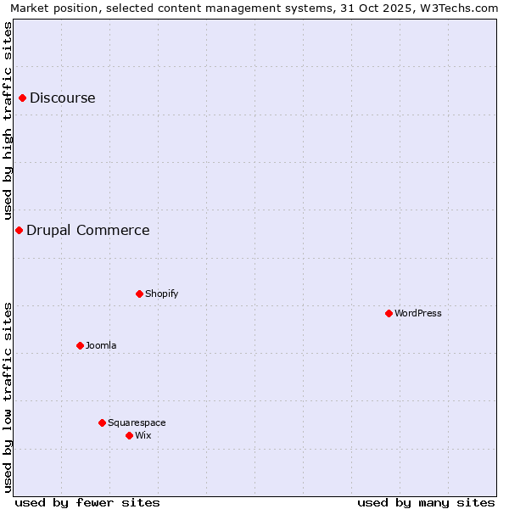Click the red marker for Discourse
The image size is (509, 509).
point(22,98)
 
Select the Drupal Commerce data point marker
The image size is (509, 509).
point(19,231)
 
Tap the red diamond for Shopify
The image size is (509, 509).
point(139,294)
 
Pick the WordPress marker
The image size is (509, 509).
point(389,314)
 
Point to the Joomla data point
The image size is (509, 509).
point(80,346)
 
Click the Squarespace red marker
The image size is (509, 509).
point(102,423)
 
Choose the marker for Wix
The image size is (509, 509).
point(129,436)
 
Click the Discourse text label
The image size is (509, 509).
point(63,98)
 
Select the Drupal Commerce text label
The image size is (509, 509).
point(88,231)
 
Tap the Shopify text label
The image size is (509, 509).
point(162,294)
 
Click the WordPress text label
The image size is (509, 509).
point(418,314)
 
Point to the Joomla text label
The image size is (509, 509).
point(101,346)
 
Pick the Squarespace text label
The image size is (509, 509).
point(137,423)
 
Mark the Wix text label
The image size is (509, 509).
point(143,436)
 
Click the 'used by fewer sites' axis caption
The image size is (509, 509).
point(87,502)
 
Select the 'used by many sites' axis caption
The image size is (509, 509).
point(426,502)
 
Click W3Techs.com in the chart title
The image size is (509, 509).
point(463,8)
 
